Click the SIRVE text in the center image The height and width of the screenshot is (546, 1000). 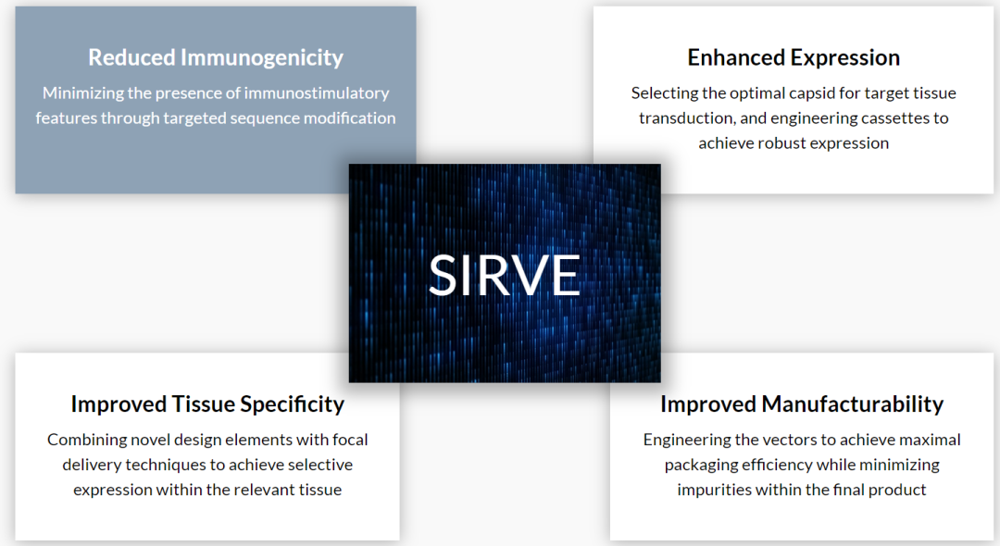504,275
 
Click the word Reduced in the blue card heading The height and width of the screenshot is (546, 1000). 131,57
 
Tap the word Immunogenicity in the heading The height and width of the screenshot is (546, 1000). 262,58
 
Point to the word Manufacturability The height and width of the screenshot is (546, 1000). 853,403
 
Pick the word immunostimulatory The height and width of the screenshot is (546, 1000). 317,93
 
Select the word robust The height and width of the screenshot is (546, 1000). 781,143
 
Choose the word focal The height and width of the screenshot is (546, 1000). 349,440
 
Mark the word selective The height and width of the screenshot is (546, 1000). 320,465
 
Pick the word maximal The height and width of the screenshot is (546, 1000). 932,440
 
